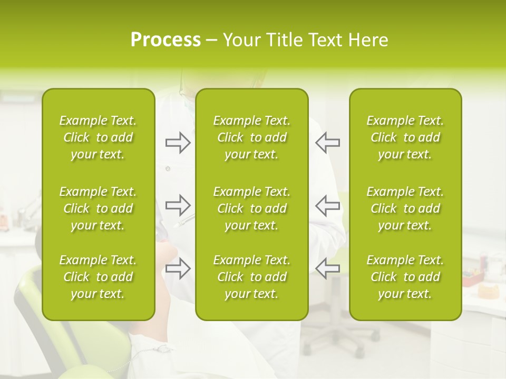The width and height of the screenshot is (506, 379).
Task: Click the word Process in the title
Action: (166, 39)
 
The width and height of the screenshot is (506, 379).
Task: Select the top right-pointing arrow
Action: (178, 143)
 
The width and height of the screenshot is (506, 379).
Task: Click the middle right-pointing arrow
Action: (178, 205)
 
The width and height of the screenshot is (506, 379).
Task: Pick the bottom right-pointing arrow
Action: (178, 268)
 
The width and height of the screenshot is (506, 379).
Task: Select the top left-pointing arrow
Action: (327, 143)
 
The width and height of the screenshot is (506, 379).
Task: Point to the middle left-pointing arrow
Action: (327, 205)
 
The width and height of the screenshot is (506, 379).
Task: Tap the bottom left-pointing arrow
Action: (327, 268)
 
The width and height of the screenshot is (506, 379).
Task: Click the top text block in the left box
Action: (98, 137)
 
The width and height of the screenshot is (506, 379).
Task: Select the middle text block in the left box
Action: (98, 208)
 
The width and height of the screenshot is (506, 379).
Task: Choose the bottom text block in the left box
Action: (98, 277)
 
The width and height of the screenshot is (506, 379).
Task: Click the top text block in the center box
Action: (252, 137)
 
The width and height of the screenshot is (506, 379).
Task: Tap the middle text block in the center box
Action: (252, 208)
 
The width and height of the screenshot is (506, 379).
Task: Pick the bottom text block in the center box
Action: (252, 277)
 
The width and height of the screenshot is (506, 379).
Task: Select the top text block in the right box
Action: (405, 137)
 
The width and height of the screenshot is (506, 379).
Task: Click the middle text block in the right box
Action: (405, 208)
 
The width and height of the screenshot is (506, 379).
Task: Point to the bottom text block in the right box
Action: (405, 277)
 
